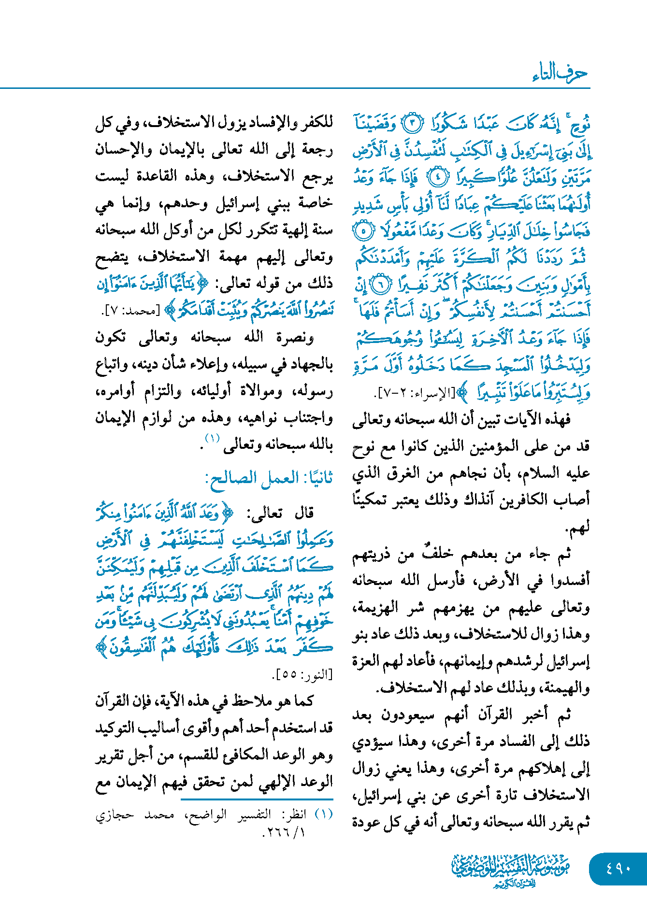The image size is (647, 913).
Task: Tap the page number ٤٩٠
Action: click(618, 868)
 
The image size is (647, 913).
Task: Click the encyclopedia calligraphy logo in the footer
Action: click(511, 870)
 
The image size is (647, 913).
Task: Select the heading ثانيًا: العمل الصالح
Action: click(269, 478)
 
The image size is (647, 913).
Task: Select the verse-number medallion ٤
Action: click(438, 177)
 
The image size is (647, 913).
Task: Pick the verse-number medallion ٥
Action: click(363, 231)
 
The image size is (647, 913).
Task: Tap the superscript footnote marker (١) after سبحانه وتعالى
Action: click(213, 439)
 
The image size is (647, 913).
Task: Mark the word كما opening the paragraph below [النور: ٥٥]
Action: click(304, 700)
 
